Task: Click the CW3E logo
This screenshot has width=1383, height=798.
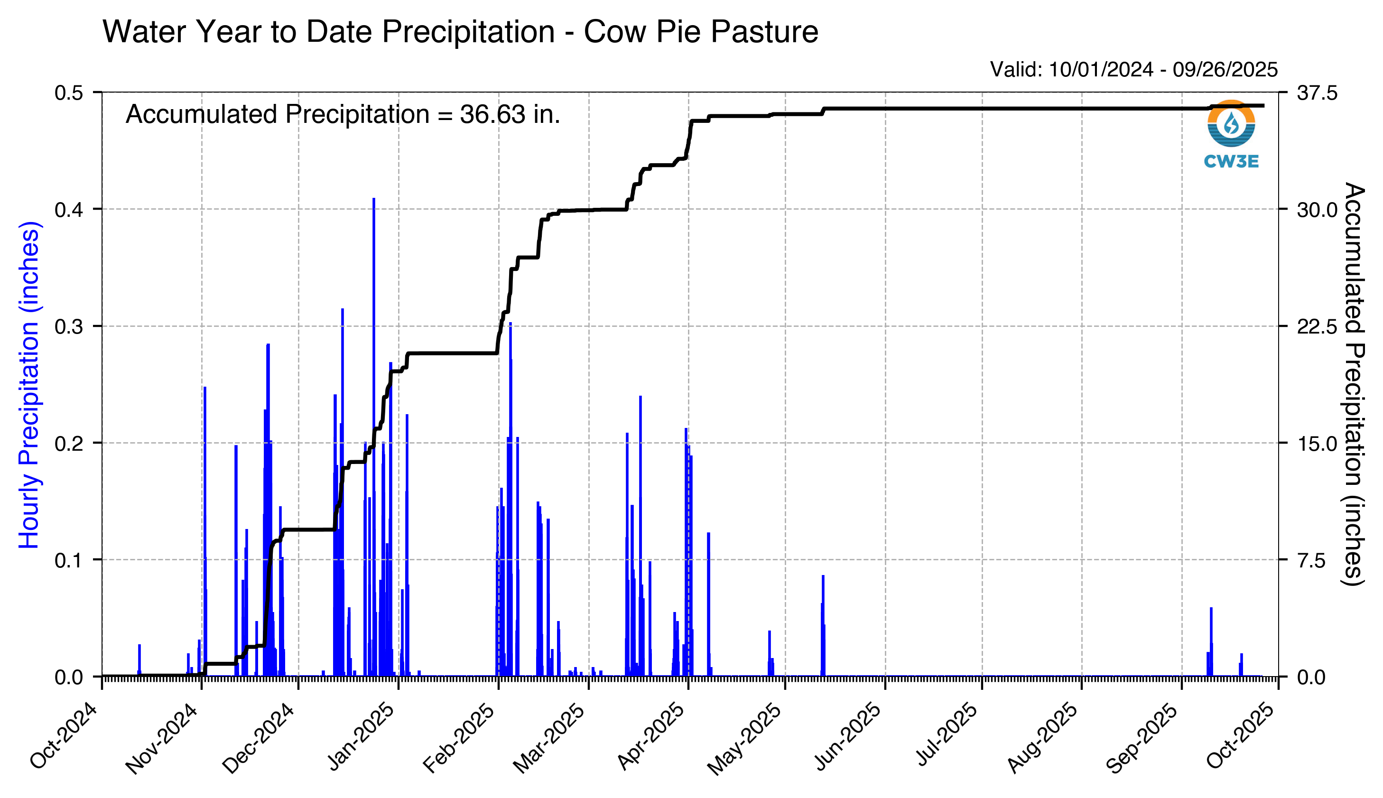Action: coord(1231,133)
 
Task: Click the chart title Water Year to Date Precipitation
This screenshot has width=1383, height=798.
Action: coord(460,31)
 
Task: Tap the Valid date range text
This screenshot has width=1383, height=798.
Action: coord(1133,70)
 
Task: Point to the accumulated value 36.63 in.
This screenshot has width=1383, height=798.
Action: coord(510,114)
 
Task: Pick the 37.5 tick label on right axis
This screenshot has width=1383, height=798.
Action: coord(1317,93)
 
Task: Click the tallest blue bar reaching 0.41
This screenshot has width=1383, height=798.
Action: coord(374,438)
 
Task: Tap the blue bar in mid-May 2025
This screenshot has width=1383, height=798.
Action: coord(823,625)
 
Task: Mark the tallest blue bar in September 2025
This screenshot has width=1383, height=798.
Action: coord(1211,641)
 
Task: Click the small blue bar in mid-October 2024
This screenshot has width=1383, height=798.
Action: coord(139,660)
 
